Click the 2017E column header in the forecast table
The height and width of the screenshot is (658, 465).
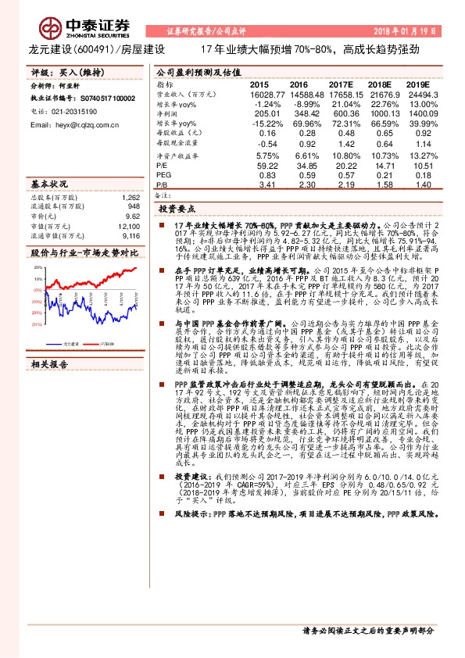click(x=341, y=84)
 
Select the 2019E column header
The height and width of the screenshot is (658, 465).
click(x=418, y=84)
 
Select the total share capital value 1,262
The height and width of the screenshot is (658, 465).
click(x=131, y=197)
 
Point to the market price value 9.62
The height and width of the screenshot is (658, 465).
click(x=132, y=216)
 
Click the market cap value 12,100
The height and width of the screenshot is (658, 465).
click(x=129, y=225)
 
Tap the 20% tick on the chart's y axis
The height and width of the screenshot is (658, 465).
click(x=38, y=267)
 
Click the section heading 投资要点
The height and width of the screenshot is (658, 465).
click(x=176, y=209)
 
